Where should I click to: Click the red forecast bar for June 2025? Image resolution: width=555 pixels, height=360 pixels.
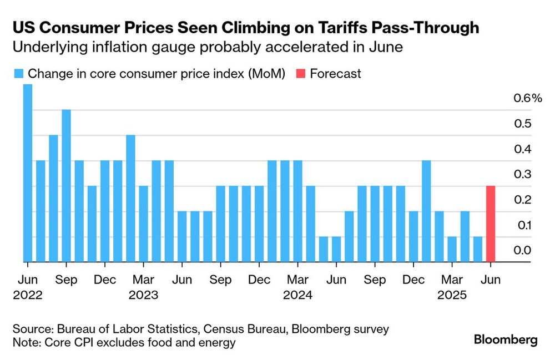(x=491, y=224)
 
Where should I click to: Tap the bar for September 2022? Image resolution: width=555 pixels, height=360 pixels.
(x=66, y=186)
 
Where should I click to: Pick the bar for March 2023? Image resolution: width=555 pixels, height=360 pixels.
(x=143, y=224)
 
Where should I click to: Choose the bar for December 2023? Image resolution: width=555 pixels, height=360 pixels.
(x=259, y=224)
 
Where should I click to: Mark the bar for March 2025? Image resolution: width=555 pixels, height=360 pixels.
(x=452, y=250)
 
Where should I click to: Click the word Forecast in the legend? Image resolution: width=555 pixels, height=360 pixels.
(x=335, y=74)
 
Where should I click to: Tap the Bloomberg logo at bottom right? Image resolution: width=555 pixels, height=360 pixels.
(x=506, y=340)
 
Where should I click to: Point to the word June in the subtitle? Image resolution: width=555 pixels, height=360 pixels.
(x=386, y=47)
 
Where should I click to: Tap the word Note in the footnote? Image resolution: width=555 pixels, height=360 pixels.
(x=24, y=343)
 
